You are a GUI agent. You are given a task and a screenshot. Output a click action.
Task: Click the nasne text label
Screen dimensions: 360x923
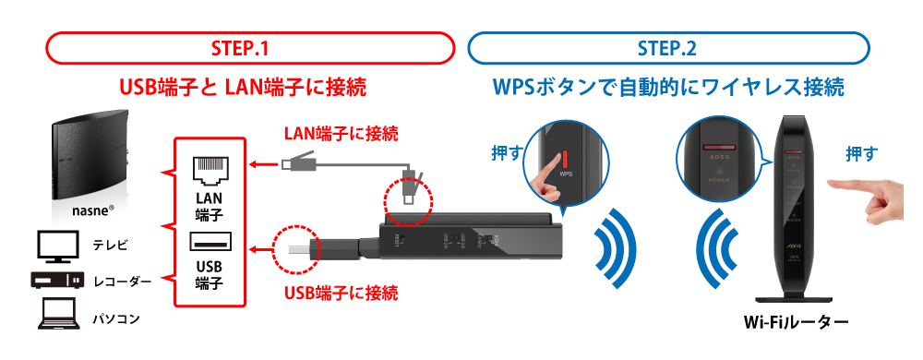point(91,211)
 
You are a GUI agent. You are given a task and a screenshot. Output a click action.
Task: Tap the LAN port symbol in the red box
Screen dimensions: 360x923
point(210,169)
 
